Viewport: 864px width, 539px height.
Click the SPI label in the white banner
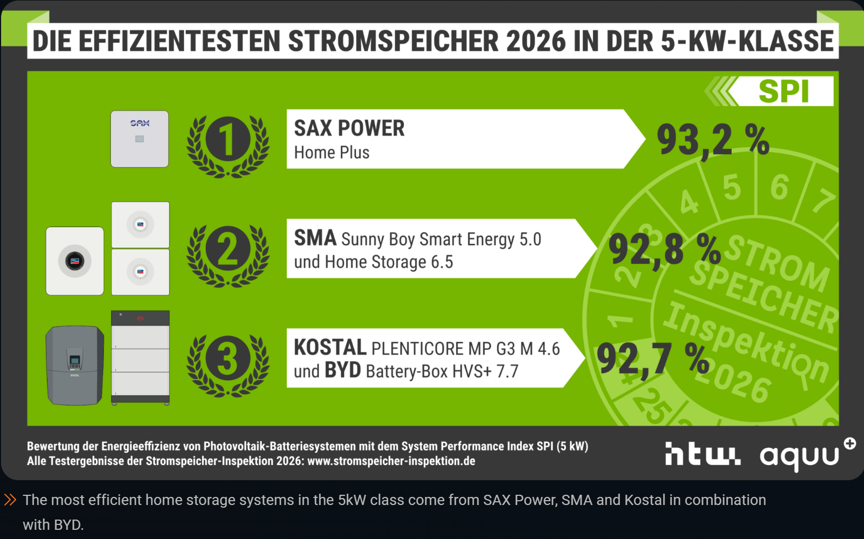pyautogui.click(x=784, y=91)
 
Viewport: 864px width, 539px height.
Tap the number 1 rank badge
pyautogui.click(x=228, y=140)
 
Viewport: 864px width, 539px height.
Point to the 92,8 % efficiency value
pyautogui.click(x=664, y=250)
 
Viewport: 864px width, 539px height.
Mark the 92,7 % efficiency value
pyautogui.click(x=652, y=359)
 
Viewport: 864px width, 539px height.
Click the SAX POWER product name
pyautogui.click(x=349, y=128)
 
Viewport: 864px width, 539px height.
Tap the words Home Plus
pyautogui.click(x=332, y=153)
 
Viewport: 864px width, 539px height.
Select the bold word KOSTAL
pyautogui.click(x=330, y=347)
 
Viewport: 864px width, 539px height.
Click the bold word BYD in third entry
pyautogui.click(x=342, y=371)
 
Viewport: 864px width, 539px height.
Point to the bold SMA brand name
pyautogui.click(x=315, y=238)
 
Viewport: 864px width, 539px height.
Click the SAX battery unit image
pyautogui.click(x=139, y=139)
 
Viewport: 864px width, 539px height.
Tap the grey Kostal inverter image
pyautogui.click(x=75, y=365)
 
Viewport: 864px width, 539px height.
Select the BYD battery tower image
pyautogui.click(x=140, y=357)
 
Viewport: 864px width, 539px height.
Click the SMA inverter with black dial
pyautogui.click(x=75, y=261)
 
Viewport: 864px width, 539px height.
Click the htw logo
pyautogui.click(x=703, y=454)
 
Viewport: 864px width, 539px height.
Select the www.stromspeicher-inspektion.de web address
pyautogui.click(x=391, y=461)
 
